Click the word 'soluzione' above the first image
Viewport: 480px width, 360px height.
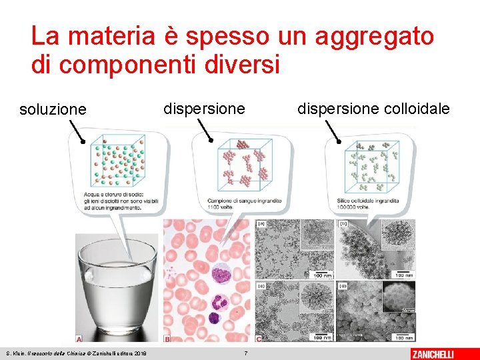(x=53, y=109)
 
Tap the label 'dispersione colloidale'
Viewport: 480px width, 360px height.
(x=373, y=108)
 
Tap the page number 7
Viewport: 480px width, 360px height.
(x=246, y=353)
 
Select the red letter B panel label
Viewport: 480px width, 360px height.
(x=168, y=338)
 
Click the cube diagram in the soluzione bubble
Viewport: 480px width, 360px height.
(x=117, y=161)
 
